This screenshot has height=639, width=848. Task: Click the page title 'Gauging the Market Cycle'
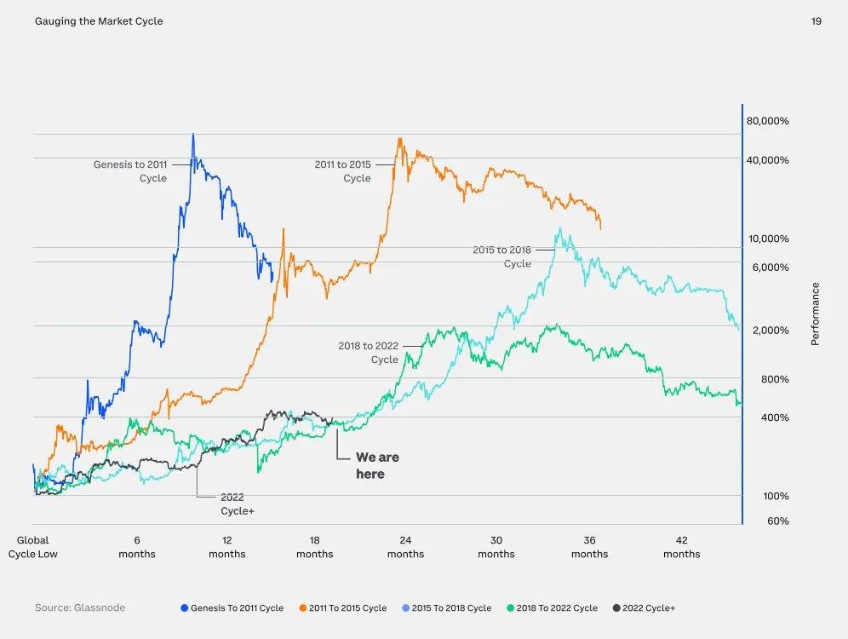pyautogui.click(x=99, y=21)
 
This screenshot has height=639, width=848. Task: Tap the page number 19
pyautogui.click(x=816, y=21)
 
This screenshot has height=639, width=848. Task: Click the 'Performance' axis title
pyautogui.click(x=815, y=314)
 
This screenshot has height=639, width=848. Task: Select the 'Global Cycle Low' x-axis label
pyautogui.click(x=33, y=547)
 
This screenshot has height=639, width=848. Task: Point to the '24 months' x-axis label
pyautogui.click(x=405, y=547)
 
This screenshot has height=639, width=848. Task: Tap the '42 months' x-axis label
pyautogui.click(x=681, y=547)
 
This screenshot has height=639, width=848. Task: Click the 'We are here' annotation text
pyautogui.click(x=376, y=465)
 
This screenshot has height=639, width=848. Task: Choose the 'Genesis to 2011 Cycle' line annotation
pyautogui.click(x=130, y=171)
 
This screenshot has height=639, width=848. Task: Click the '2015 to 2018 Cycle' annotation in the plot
pyautogui.click(x=502, y=256)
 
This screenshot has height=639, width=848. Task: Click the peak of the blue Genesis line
pyautogui.click(x=193, y=135)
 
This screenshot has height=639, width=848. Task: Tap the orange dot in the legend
pyautogui.click(x=303, y=608)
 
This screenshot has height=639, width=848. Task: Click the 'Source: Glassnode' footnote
pyautogui.click(x=80, y=607)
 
